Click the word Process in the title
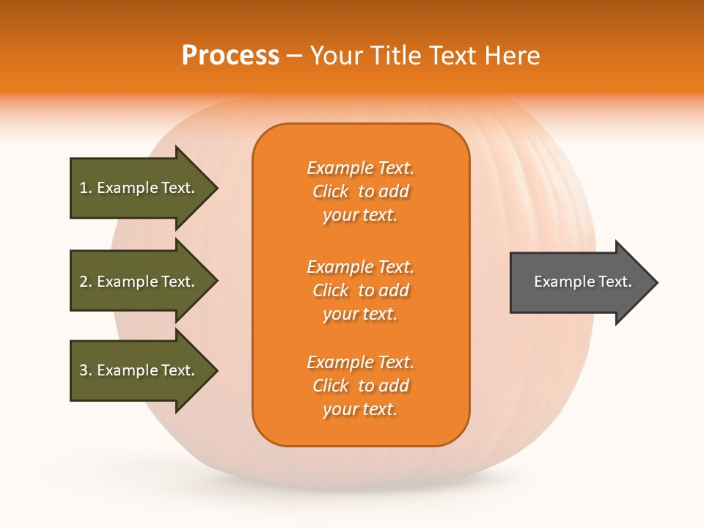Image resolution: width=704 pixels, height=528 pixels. click(230, 56)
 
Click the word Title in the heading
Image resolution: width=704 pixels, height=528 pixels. click(395, 56)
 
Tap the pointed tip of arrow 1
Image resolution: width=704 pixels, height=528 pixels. click(216, 188)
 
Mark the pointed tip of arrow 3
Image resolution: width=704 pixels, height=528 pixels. click(216, 370)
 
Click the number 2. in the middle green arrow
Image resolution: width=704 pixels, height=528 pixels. click(86, 282)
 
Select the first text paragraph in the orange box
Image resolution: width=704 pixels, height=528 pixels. click(360, 191)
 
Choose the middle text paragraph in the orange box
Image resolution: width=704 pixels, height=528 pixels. click(360, 290)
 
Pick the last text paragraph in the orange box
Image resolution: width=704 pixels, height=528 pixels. click(360, 386)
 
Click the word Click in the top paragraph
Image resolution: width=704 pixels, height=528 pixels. click(331, 191)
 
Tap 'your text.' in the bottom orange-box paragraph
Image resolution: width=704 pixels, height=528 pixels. click(360, 409)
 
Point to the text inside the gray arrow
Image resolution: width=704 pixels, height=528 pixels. click(583, 282)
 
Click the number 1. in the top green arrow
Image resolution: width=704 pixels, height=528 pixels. click(86, 188)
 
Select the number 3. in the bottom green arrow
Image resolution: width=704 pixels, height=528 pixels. click(86, 370)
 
